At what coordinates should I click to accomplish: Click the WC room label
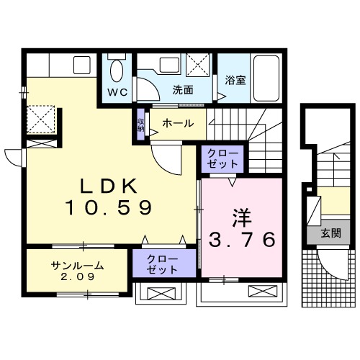click(118, 93)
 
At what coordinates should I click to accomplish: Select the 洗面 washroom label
click(183, 90)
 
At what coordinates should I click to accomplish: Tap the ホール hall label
click(177, 123)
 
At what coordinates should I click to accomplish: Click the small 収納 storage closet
click(140, 123)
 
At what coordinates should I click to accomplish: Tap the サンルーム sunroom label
click(78, 266)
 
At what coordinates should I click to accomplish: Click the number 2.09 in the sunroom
click(78, 276)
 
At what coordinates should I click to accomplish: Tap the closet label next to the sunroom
click(163, 263)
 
